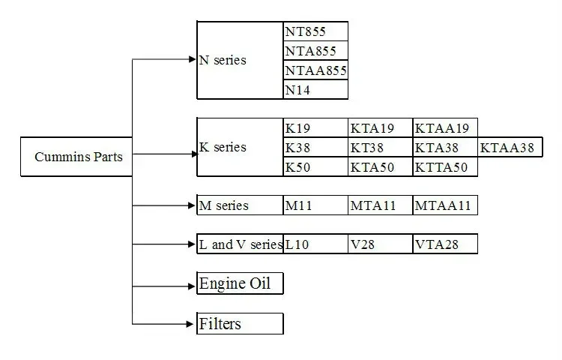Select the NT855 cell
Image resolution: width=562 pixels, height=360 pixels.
(x=315, y=31)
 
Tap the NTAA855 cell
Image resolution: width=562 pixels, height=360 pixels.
(x=315, y=70)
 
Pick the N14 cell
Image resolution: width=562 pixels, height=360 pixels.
(x=315, y=90)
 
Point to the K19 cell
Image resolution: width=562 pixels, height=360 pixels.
(x=315, y=128)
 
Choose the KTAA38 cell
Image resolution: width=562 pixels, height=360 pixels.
(x=510, y=148)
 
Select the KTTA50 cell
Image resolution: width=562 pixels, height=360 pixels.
(x=445, y=167)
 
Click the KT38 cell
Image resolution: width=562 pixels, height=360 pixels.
(x=380, y=148)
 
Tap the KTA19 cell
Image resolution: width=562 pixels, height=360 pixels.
(x=380, y=128)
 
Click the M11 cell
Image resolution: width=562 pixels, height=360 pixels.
(x=315, y=205)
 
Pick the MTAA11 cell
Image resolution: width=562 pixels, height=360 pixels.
(x=445, y=205)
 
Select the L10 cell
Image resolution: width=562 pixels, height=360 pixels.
(x=315, y=244)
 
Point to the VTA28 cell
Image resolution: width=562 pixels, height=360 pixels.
(x=445, y=244)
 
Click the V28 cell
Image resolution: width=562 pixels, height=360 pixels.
(x=380, y=244)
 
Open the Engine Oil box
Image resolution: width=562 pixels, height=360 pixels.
(x=240, y=283)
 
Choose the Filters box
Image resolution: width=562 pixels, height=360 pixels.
(x=240, y=324)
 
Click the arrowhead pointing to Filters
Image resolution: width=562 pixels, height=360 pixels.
(x=191, y=324)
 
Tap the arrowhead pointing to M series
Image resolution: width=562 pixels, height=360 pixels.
(x=191, y=205)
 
